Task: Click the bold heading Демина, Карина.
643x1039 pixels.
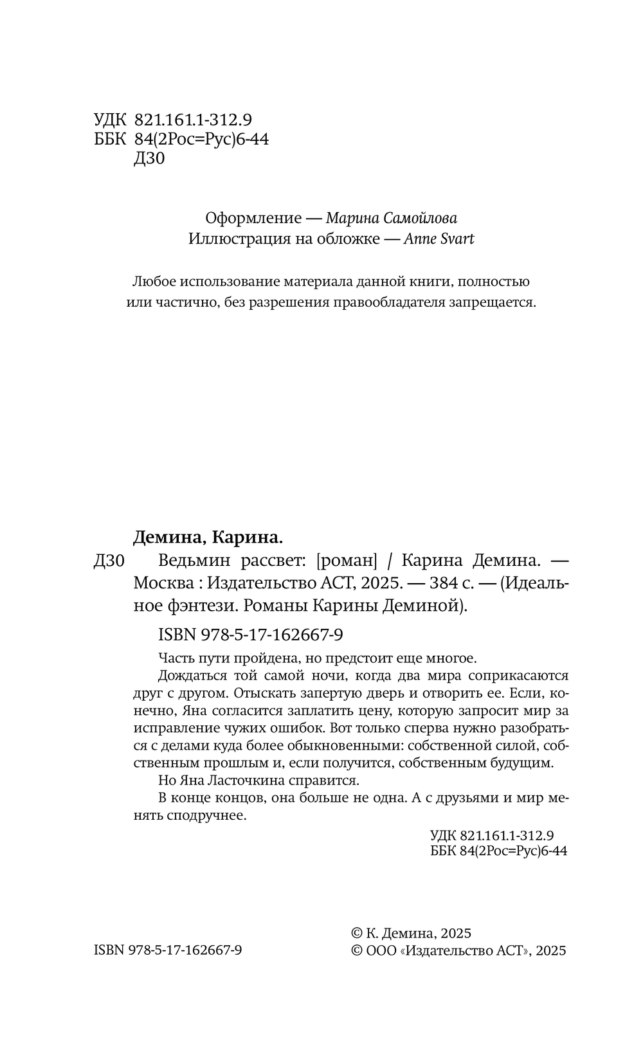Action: click(x=208, y=537)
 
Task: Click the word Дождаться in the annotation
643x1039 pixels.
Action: click(x=192, y=676)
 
